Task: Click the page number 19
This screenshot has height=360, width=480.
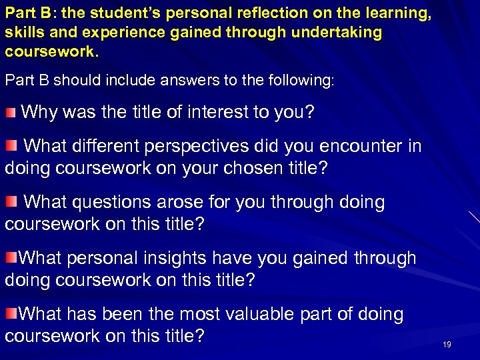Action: click(447, 344)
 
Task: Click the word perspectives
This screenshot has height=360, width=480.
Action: click(215, 145)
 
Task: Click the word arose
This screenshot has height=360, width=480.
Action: click(189, 202)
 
